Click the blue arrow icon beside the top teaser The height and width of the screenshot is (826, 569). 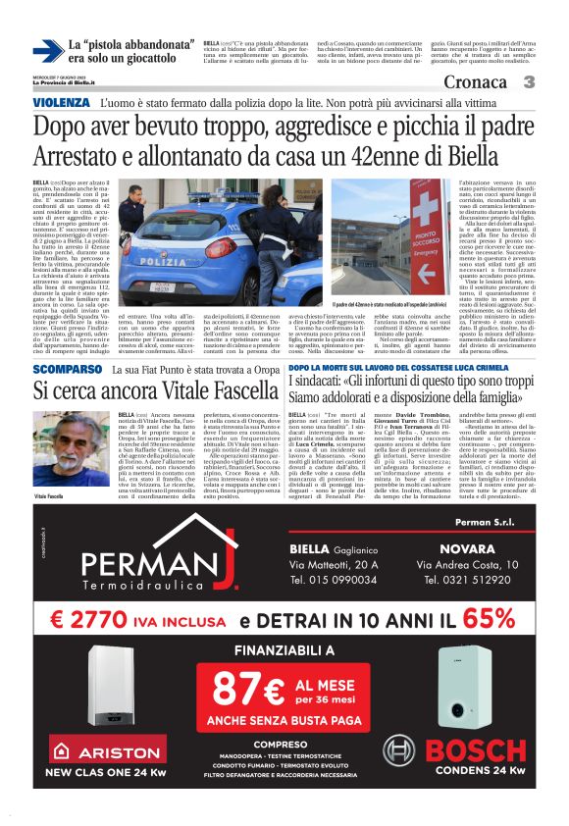point(46,51)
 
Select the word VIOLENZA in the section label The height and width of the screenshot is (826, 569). point(62,103)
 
